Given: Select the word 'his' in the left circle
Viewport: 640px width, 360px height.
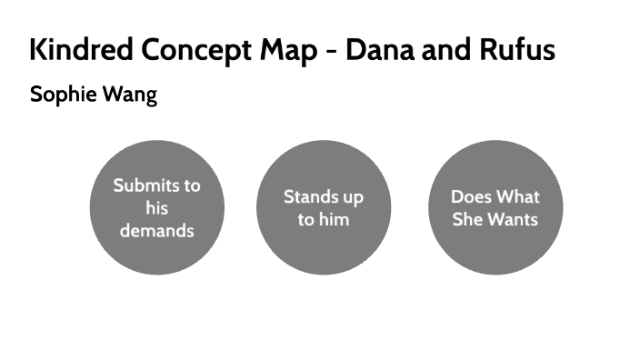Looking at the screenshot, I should point(156,208).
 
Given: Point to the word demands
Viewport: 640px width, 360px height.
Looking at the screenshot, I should point(156,231).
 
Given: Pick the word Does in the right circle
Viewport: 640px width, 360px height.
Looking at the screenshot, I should point(471,196).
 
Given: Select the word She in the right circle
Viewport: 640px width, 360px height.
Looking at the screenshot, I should point(467,219).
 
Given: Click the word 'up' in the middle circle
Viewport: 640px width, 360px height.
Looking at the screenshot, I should point(352,197).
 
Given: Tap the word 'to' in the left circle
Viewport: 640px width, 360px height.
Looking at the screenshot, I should point(191,185).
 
